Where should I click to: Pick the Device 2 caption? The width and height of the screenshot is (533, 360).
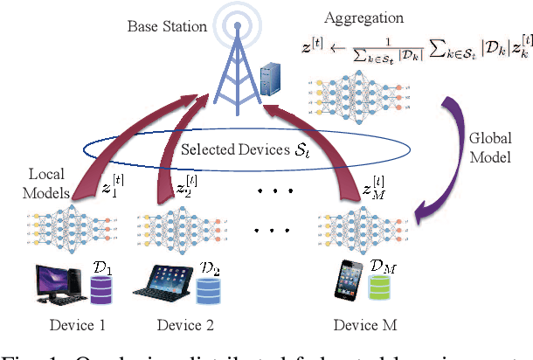185,326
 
